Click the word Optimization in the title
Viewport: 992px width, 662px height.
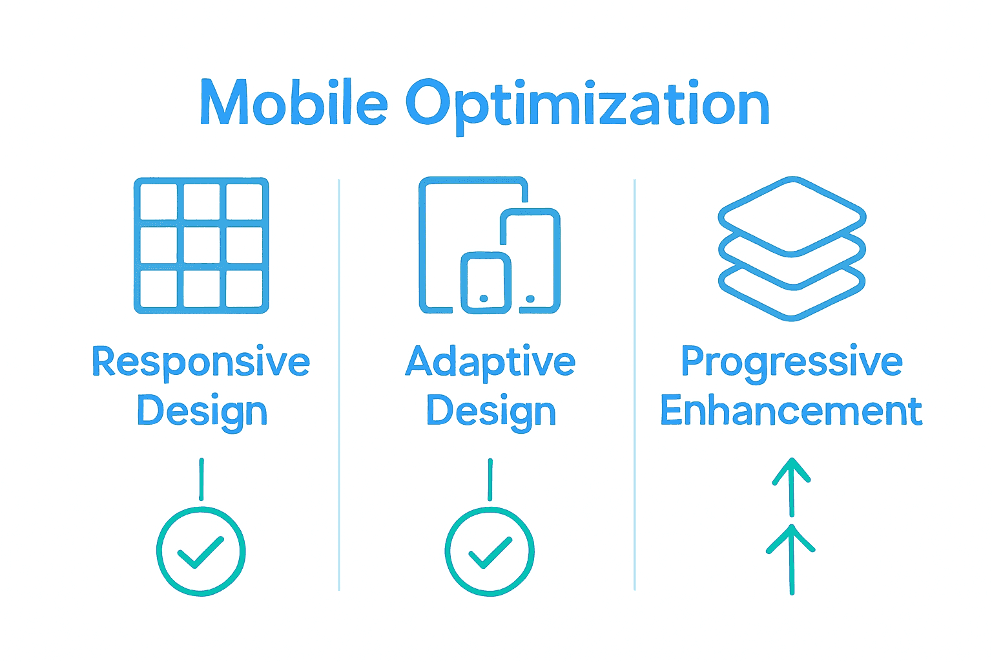point(587,105)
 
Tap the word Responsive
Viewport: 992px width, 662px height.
point(201,362)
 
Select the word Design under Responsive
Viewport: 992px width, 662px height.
point(202,412)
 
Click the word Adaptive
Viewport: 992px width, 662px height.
point(490,362)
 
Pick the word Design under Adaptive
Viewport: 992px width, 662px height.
point(491,412)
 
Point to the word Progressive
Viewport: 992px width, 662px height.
point(791,362)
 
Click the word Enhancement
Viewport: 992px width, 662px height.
point(791,411)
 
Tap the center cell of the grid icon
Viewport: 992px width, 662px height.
point(201,246)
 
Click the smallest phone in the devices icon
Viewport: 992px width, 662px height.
point(486,283)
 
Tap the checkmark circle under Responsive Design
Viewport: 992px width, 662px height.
point(201,551)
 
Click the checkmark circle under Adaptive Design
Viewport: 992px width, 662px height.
point(490,551)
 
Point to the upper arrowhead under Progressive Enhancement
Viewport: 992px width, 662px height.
point(792,469)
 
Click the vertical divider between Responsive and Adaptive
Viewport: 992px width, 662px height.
point(339,388)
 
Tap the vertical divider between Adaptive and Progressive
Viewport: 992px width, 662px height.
point(635,388)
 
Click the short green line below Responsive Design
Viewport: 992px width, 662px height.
point(201,479)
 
